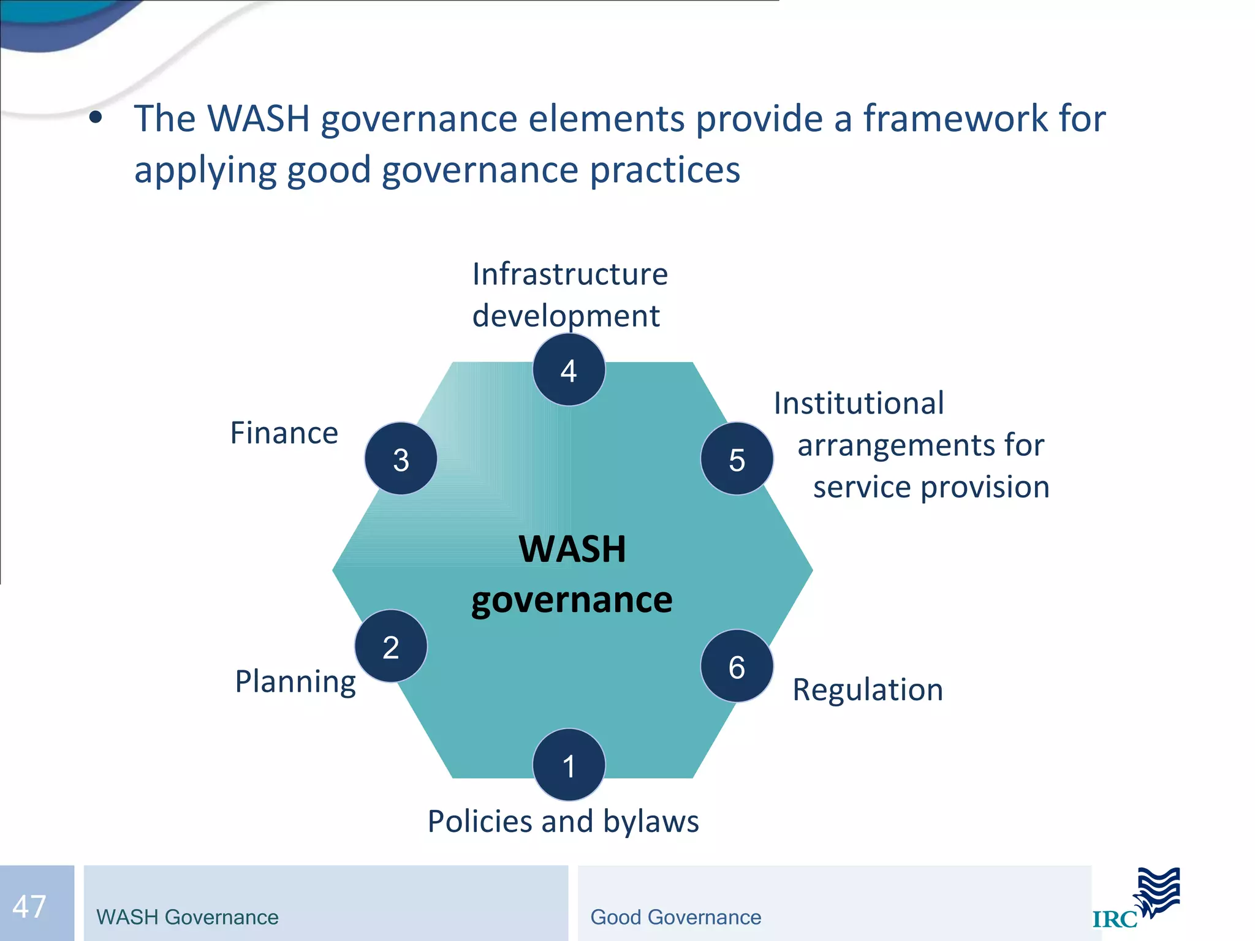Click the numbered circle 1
[x=569, y=765]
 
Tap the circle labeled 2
[x=391, y=646]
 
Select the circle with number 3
[x=401, y=458]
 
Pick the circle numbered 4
[x=569, y=370]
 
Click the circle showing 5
[x=737, y=458]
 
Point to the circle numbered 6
[x=737, y=666]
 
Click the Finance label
[x=284, y=433]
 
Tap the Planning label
[x=295, y=681]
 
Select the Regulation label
[x=867, y=690]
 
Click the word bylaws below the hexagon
[x=651, y=822]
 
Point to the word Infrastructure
[x=570, y=274]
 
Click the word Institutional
[x=859, y=404]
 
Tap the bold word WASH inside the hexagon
[x=572, y=549]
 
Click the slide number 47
[x=29, y=906]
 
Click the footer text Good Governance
[x=675, y=917]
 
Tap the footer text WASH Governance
[x=188, y=917]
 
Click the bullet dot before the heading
[x=95, y=118]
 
